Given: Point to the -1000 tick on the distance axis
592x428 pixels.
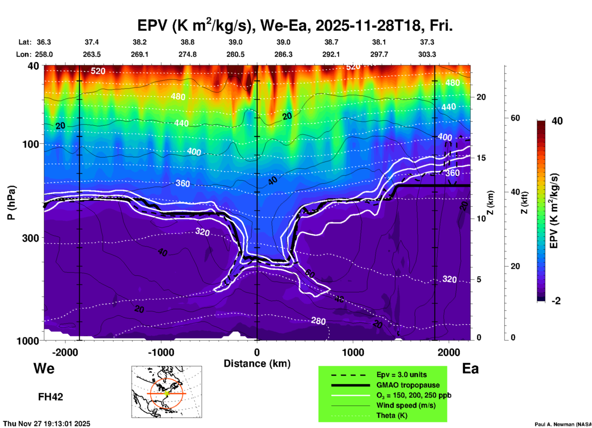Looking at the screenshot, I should (161, 352).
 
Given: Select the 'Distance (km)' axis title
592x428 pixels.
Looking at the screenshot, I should (257, 364).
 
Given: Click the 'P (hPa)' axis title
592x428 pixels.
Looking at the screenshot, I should (11, 203).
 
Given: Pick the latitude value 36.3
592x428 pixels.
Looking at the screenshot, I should (44, 42).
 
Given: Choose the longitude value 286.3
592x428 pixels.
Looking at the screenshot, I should (283, 54).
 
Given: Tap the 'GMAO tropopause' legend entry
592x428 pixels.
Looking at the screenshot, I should (408, 385).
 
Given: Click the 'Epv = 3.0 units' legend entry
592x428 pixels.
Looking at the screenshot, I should (401, 375).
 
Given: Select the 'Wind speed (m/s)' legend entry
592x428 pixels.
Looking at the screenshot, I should (406, 405).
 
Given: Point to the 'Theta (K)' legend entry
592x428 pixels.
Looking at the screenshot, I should (392, 415).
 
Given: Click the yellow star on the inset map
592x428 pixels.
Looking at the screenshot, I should (167, 393).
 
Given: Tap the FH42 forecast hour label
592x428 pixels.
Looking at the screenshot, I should (50, 397).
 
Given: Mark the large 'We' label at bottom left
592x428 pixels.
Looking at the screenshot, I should (44, 368).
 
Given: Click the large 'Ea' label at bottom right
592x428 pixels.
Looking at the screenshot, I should (470, 368).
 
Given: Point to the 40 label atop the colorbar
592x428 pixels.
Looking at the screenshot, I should (557, 121).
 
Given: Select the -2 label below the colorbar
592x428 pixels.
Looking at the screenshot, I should (556, 301).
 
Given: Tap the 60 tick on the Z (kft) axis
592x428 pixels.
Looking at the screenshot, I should (515, 118).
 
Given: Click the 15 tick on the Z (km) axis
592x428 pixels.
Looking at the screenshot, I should (481, 158).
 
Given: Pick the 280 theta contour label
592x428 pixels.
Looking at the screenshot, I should (318, 321).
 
